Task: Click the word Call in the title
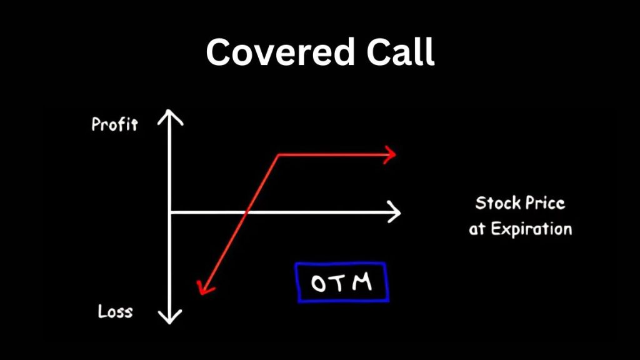399,52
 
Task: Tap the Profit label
114,124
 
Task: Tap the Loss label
115,311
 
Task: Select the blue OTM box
341,282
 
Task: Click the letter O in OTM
319,284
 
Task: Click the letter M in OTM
362,282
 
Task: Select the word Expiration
531,229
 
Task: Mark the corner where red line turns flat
278,154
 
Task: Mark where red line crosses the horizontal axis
247,212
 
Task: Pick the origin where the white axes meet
170,212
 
